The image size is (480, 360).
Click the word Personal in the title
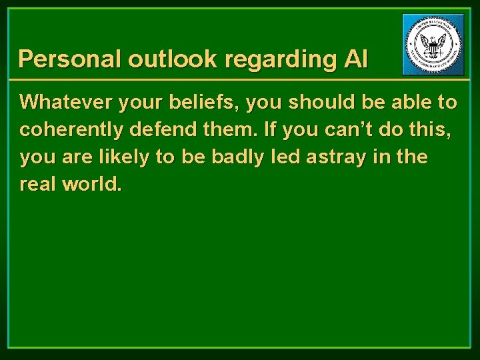[x=70, y=59]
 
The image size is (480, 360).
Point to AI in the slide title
[x=356, y=59]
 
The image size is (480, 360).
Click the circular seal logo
[x=433, y=45]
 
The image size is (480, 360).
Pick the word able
[x=409, y=102]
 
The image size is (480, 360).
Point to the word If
[x=271, y=129]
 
